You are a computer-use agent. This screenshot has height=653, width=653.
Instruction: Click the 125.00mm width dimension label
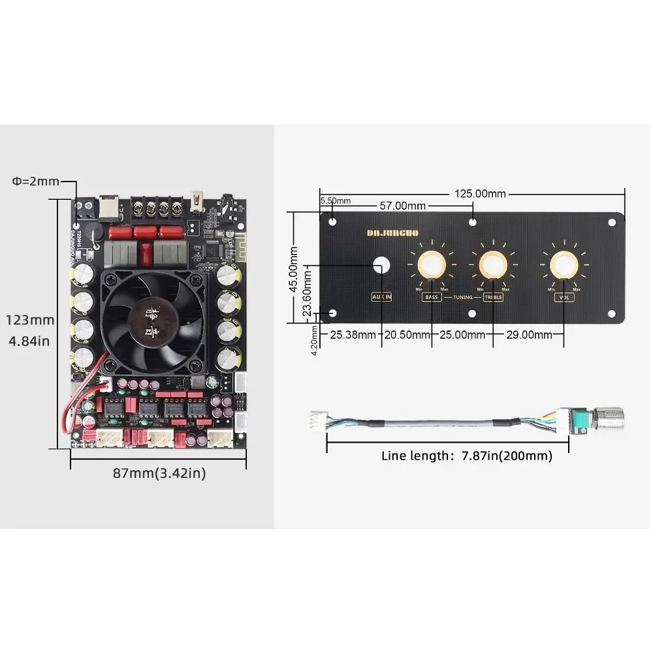tap(480, 193)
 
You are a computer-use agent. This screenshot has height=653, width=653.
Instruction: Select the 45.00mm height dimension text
tap(295, 268)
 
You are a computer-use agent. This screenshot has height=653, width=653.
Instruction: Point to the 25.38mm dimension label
tap(353, 335)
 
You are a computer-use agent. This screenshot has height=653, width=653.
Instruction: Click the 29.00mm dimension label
tap(529, 335)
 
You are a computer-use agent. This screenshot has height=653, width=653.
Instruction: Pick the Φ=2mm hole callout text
tap(36, 181)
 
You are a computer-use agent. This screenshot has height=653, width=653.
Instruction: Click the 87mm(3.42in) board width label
tap(159, 473)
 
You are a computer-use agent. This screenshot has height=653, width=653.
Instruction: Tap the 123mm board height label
tap(31, 320)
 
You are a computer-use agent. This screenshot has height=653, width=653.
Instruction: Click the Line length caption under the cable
tap(466, 456)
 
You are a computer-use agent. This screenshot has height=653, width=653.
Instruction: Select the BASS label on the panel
tap(432, 297)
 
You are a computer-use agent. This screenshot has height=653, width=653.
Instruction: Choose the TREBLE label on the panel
tap(493, 297)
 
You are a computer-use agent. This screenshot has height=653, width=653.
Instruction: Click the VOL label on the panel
tap(564, 297)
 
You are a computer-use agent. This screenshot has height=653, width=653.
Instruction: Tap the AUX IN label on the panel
tap(381, 297)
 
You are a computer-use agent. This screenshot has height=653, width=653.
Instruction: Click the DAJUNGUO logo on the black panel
tap(392, 232)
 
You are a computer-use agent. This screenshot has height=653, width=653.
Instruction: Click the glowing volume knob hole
tap(563, 265)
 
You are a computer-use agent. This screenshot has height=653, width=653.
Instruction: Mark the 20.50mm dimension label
tap(407, 335)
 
